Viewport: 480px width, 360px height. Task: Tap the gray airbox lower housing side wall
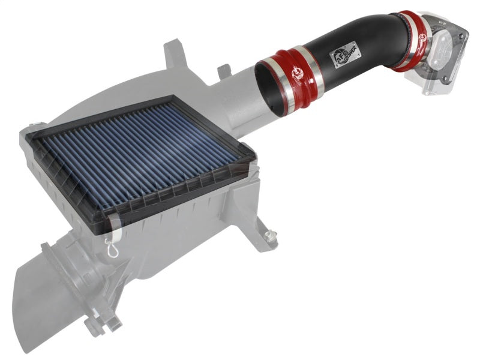pyautogui.click(x=192, y=228)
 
